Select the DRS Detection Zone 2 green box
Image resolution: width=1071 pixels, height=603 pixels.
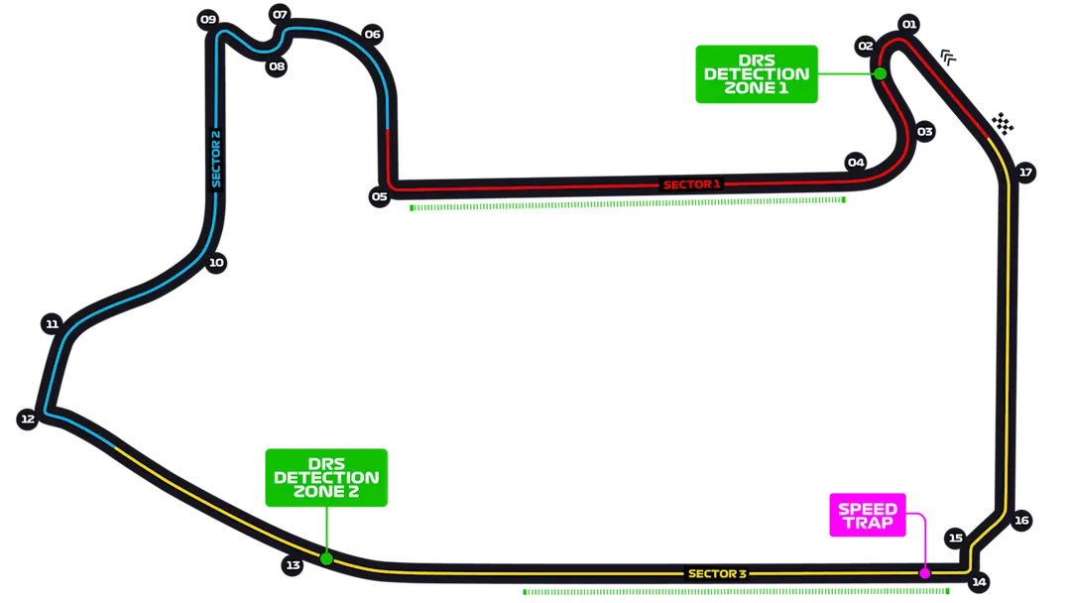326,477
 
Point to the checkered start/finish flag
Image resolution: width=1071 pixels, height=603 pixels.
1005,123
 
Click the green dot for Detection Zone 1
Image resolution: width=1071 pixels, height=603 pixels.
880,73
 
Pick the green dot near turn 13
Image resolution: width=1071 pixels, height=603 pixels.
325,559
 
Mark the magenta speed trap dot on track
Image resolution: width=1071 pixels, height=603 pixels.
924,573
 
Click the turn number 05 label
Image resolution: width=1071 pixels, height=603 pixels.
379,196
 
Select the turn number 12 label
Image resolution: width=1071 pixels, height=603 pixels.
28,420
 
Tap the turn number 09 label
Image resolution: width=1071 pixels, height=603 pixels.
207,19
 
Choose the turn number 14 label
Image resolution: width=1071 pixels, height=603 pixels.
979,582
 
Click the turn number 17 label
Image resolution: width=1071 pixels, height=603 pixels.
1025,172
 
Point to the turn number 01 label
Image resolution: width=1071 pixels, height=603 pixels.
909,24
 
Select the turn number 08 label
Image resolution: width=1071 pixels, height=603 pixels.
277,66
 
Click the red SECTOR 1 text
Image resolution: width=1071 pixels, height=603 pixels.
691,184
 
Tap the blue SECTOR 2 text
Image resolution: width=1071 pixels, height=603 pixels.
215,159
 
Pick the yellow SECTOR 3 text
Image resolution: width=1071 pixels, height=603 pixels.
717,573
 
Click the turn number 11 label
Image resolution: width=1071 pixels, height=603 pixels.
52,324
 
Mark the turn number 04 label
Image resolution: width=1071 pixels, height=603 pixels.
856,163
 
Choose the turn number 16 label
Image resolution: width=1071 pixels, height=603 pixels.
1021,520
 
